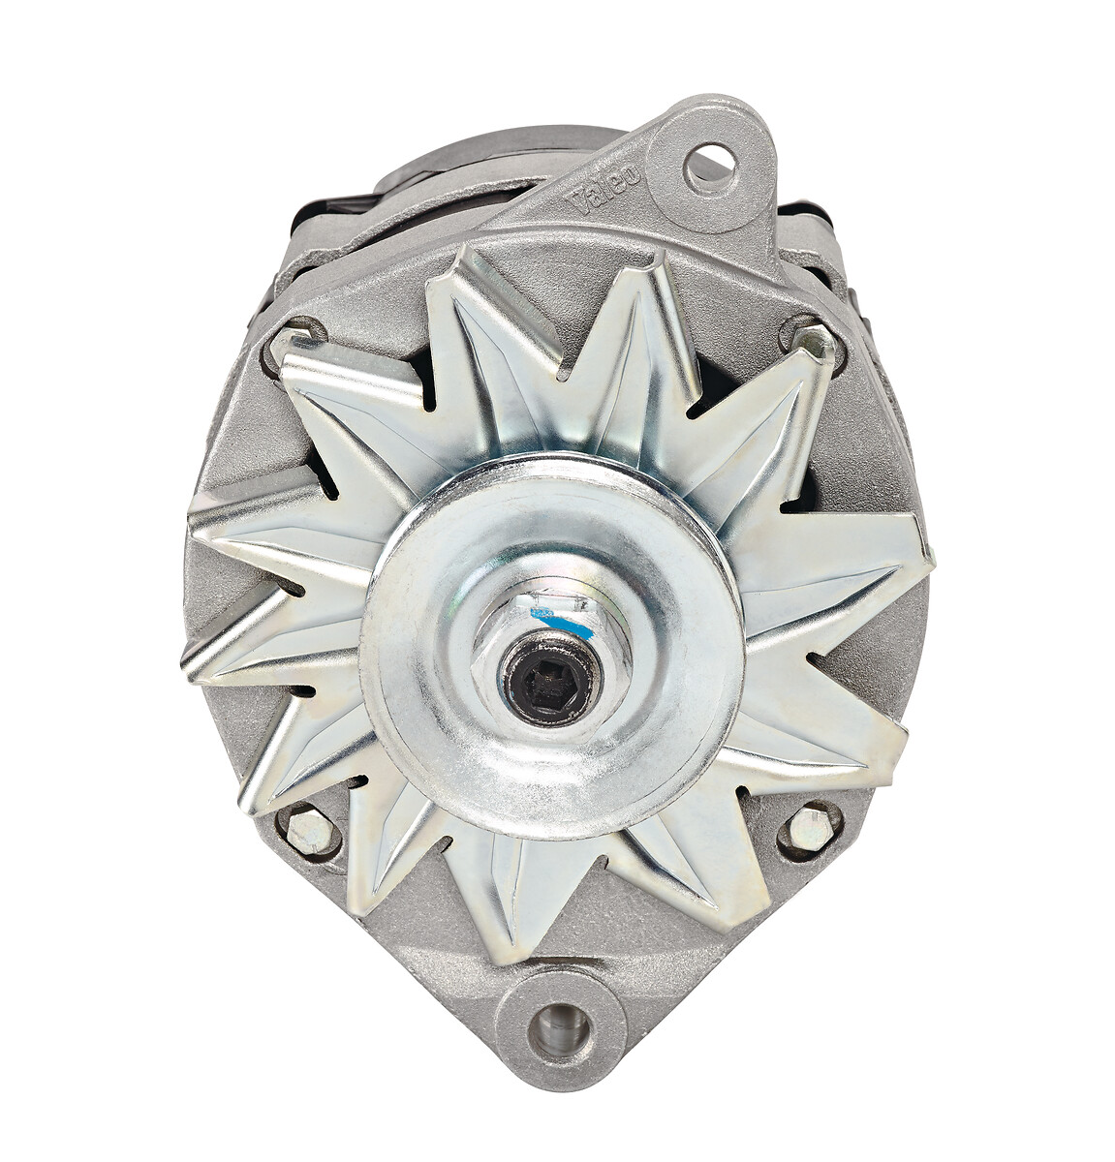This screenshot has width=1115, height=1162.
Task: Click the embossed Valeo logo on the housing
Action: click(607, 191)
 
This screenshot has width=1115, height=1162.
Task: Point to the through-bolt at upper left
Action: click(296, 339)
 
